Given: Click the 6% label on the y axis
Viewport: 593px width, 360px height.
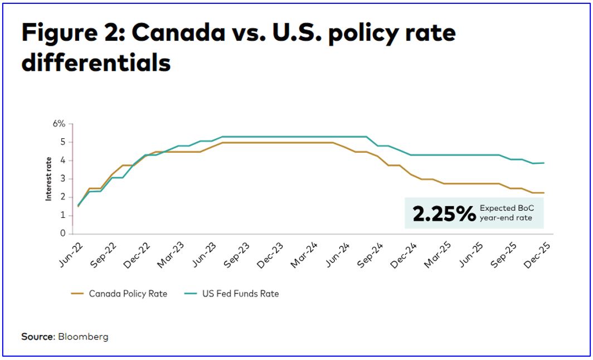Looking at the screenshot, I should pyautogui.click(x=59, y=124).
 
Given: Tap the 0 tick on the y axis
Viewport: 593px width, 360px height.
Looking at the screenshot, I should pyautogui.click(x=62, y=233).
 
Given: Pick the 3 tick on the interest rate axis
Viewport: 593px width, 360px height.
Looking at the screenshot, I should pyautogui.click(x=62, y=179).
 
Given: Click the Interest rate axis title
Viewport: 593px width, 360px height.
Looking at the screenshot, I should pyautogui.click(x=49, y=179).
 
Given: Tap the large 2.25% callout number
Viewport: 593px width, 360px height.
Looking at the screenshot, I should pyautogui.click(x=444, y=213).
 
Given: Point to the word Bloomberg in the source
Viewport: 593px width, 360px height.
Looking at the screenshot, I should pyautogui.click(x=84, y=337).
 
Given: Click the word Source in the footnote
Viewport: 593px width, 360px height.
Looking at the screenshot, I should pyautogui.click(x=38, y=337).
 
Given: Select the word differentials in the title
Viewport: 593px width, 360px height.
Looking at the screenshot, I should pyautogui.click(x=96, y=63).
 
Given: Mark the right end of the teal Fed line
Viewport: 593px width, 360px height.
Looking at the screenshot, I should pyautogui.click(x=543, y=163).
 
